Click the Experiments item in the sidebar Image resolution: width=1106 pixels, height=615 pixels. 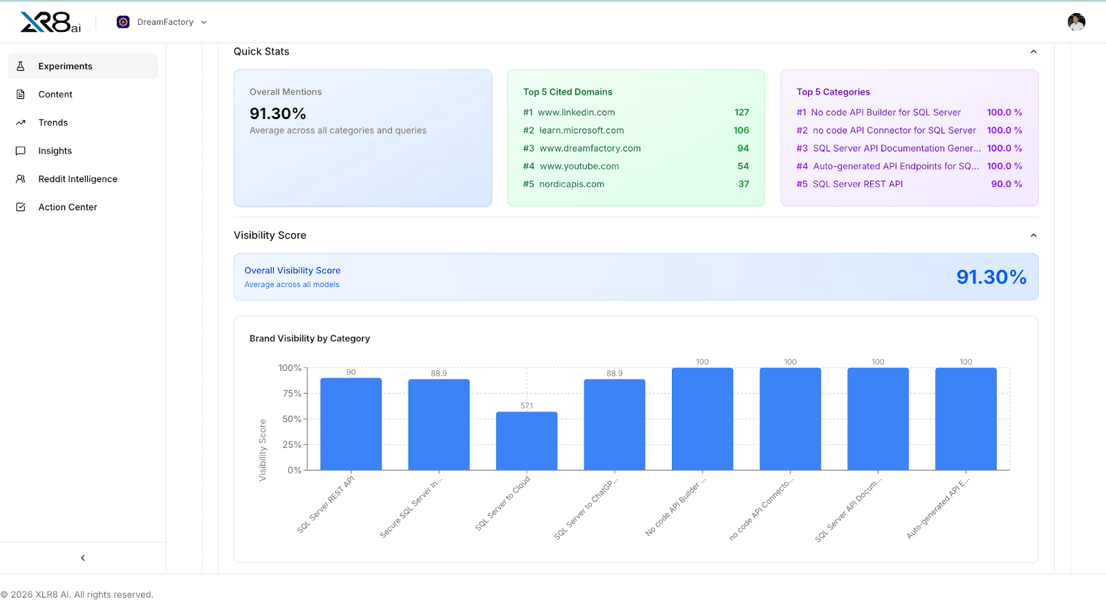(x=65, y=66)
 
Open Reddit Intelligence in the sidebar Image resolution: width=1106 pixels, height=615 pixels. (x=77, y=179)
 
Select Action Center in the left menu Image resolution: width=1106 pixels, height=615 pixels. (x=67, y=208)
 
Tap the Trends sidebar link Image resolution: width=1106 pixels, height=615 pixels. (x=53, y=123)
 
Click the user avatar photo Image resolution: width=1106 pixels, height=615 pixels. (x=1076, y=22)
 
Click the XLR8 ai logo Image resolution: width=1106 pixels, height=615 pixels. (x=50, y=22)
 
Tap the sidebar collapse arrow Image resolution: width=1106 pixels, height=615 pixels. (x=83, y=558)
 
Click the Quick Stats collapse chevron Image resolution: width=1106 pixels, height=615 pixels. (x=1033, y=52)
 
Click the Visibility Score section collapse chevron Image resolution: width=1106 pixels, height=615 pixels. (x=1033, y=236)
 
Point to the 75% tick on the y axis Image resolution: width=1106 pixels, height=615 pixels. (x=292, y=394)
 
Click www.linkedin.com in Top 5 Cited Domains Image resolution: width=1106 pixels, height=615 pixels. (x=576, y=113)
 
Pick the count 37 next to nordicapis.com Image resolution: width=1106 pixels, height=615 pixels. (x=743, y=185)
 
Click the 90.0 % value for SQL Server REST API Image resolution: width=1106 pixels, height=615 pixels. (x=1006, y=185)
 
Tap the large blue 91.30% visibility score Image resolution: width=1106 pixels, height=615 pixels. (x=991, y=277)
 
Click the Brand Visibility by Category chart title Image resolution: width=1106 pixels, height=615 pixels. (x=310, y=339)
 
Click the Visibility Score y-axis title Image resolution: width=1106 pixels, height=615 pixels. (x=263, y=450)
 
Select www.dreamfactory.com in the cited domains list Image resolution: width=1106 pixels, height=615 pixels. (x=590, y=149)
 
